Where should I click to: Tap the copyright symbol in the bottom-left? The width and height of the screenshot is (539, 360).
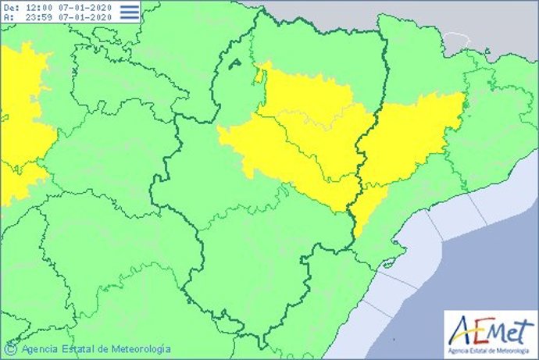(11, 348)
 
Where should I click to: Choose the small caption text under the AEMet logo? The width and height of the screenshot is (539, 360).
(491, 348)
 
